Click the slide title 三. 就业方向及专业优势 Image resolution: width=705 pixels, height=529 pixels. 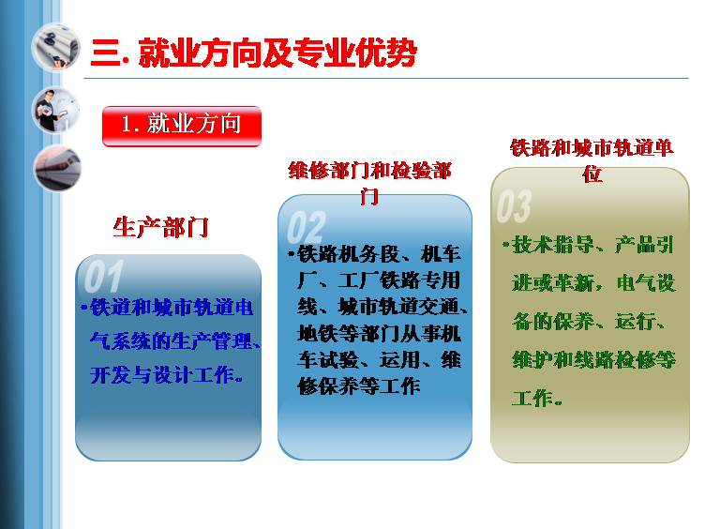click(x=254, y=53)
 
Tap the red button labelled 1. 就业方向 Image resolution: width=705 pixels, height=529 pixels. click(x=182, y=126)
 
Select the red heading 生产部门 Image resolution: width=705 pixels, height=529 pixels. click(x=160, y=227)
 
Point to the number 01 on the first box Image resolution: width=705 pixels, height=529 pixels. click(x=103, y=277)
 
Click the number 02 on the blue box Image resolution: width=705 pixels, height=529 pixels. click(x=307, y=228)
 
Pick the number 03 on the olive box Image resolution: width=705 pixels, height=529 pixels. click(x=514, y=206)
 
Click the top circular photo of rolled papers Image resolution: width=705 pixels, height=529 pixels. click(x=55, y=47)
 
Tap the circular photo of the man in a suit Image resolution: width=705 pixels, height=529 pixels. click(x=55, y=111)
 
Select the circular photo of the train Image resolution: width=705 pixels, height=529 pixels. click(x=57, y=168)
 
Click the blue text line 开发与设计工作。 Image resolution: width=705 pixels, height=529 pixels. click(x=167, y=375)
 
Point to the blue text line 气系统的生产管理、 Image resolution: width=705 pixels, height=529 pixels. click(x=175, y=341)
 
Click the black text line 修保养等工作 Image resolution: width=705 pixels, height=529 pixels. click(x=359, y=385)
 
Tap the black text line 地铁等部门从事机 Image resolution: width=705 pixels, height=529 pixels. click(x=379, y=334)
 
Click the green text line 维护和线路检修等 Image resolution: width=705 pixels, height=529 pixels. click(x=593, y=360)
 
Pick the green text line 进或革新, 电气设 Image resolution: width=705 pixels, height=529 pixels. click(x=593, y=283)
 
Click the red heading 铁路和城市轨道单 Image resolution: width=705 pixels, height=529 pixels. click(x=592, y=147)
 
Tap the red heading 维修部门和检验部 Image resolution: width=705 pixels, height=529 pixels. click(x=369, y=171)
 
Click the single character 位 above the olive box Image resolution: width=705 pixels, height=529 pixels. click(x=592, y=174)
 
